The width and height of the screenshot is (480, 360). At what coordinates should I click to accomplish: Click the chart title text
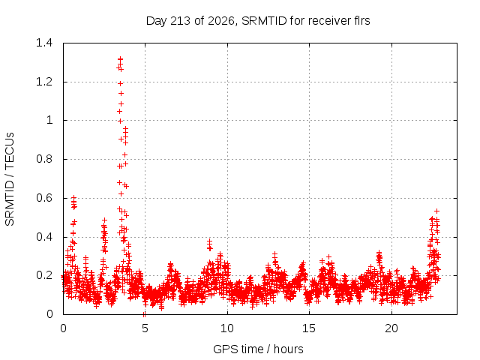[x=258, y=21]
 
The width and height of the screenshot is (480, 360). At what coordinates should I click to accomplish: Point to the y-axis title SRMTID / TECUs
[x=10, y=179]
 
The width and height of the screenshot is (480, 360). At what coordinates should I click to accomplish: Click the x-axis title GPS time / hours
[x=258, y=349]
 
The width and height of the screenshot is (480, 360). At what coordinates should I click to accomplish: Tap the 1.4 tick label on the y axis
[x=44, y=43]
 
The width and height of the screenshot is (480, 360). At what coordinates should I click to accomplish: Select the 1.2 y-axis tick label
[x=44, y=82]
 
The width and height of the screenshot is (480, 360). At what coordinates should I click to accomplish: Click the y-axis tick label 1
[x=49, y=120]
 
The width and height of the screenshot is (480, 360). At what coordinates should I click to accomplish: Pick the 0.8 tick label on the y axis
[x=44, y=159]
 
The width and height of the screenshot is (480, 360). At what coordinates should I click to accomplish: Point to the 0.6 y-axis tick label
[x=44, y=198]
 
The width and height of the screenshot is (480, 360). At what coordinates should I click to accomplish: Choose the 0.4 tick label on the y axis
[x=44, y=237]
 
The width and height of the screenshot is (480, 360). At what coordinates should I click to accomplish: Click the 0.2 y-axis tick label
[x=44, y=275]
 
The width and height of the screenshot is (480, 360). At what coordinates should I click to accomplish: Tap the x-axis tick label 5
[x=145, y=328]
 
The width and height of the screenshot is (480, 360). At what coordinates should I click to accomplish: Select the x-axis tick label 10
[x=227, y=328]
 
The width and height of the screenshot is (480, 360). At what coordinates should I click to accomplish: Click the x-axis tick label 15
[x=309, y=328]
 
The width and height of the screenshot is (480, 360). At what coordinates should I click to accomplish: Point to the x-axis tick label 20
[x=391, y=328]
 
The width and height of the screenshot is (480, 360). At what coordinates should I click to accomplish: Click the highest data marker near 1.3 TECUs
[x=120, y=58]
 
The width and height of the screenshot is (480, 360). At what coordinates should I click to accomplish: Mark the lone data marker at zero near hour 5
[x=144, y=314]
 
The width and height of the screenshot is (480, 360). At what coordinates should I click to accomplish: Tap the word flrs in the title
[x=362, y=21]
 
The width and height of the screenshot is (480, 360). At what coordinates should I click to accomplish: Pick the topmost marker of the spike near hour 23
[x=436, y=211]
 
